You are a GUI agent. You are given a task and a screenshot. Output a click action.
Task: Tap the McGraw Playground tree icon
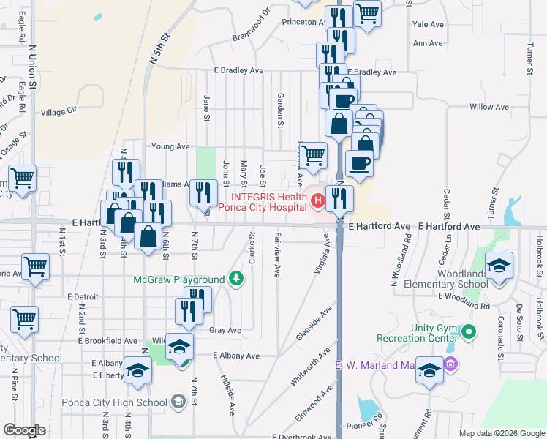pyautogui.click(x=236, y=279)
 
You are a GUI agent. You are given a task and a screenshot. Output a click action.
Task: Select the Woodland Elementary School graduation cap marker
pyautogui.click(x=499, y=266)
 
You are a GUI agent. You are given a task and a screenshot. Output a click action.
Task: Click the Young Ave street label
pyautogui.click(x=170, y=146)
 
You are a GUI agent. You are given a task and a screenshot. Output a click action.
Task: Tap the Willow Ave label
pyautogui.click(x=489, y=107)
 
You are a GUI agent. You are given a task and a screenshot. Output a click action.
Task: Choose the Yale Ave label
pyautogui.click(x=429, y=24)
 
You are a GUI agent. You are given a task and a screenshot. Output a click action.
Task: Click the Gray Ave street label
pyautogui.click(x=225, y=330)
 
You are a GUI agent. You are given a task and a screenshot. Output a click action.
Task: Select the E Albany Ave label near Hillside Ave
pyautogui.click(x=236, y=356)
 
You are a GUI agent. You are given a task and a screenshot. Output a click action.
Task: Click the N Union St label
pyautogui.click(x=33, y=66)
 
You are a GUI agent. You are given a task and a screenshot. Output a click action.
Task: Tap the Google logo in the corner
pyautogui.click(x=25, y=429)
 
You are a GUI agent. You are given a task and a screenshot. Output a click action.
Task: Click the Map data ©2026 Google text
pyautogui.click(x=501, y=433)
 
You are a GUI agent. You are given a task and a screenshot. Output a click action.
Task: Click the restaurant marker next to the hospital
pyautogui.click(x=339, y=198)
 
